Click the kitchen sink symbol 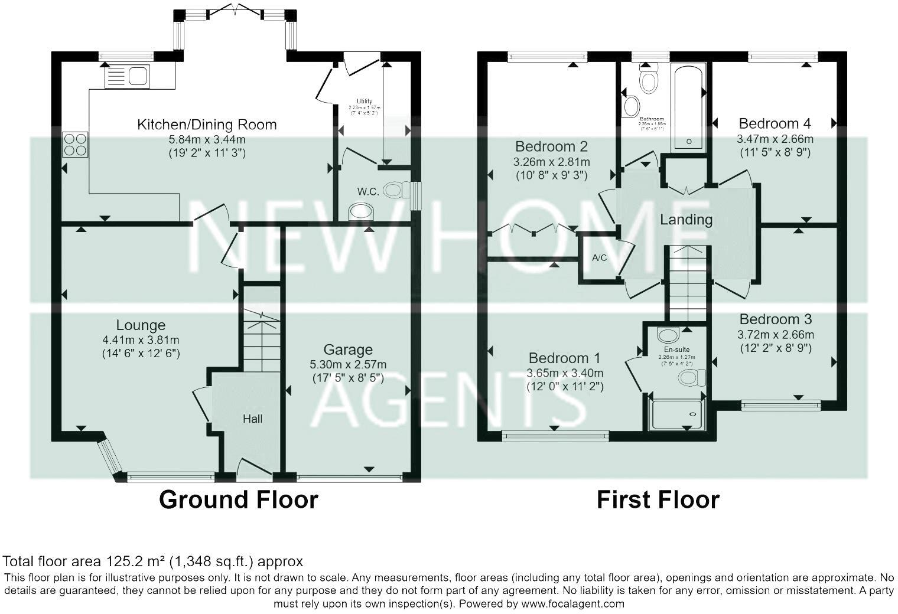tap(127, 77)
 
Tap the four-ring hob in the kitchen tap(75, 144)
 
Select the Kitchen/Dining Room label tap(207, 125)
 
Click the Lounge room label tap(141, 325)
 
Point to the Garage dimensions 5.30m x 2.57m tap(348, 365)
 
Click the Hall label tap(253, 419)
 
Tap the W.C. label tap(367, 191)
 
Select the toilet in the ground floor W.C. tap(396, 190)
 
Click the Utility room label tap(365, 101)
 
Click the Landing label tap(686, 220)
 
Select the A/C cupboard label tap(599, 258)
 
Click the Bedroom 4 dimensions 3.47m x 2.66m tap(775, 139)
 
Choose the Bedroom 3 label tap(775, 319)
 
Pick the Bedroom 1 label tap(564, 358)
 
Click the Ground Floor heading tap(238, 499)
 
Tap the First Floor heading tap(658, 499)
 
